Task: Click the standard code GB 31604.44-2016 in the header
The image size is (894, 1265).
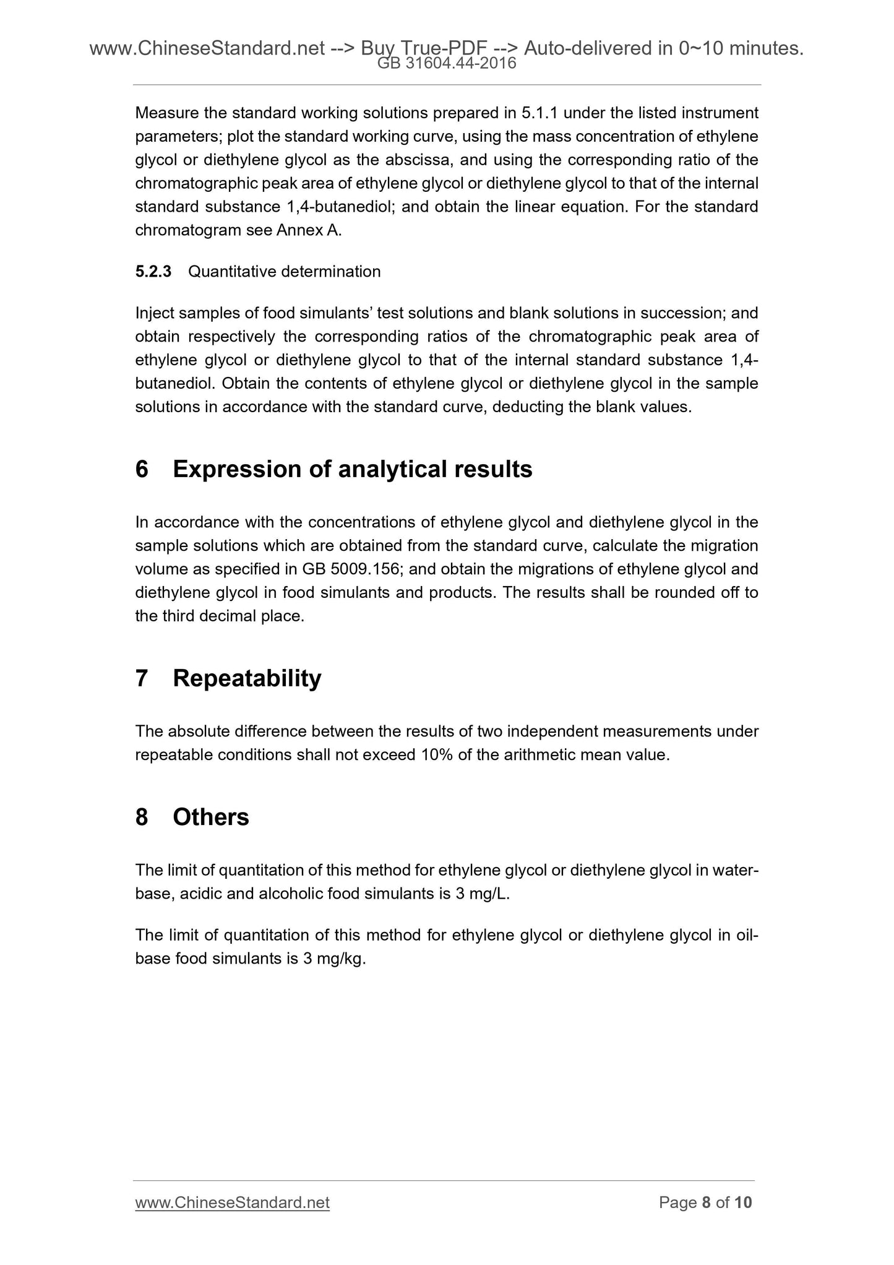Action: (446, 63)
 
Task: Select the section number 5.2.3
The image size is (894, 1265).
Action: (153, 272)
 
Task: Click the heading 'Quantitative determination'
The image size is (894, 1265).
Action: (284, 272)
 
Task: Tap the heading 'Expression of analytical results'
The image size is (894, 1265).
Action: (352, 470)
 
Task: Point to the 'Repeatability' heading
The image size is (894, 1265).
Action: (247, 678)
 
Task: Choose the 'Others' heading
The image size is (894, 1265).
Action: (210, 818)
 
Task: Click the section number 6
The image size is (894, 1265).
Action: (142, 470)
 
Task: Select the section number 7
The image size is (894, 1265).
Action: (142, 678)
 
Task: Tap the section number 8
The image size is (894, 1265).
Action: (142, 818)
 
